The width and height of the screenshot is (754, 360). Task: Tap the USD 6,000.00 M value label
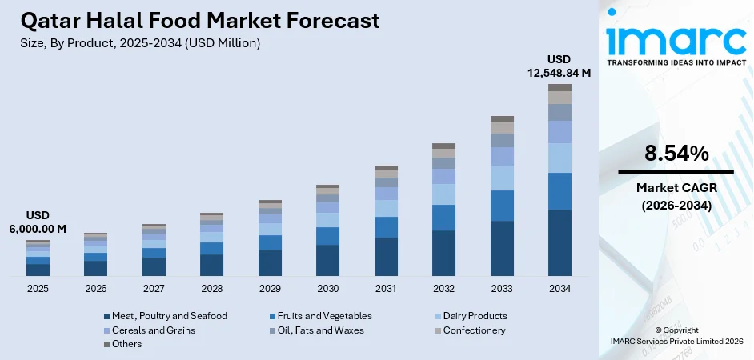(x=38, y=222)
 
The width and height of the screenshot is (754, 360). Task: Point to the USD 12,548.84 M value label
(x=559, y=66)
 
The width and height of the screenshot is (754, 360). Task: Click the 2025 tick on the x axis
(x=38, y=287)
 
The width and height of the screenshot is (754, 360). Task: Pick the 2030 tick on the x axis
(x=327, y=287)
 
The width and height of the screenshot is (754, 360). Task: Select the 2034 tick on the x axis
(x=559, y=287)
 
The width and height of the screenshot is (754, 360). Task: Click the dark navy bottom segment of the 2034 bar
(x=559, y=242)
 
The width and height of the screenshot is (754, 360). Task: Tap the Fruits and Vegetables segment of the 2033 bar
(x=502, y=206)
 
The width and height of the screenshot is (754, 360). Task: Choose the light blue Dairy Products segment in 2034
(x=559, y=158)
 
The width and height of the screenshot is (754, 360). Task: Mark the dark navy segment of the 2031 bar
(x=386, y=257)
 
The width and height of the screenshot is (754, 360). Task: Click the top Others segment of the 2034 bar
(x=559, y=87)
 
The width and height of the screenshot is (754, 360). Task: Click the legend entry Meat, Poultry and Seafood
(x=164, y=316)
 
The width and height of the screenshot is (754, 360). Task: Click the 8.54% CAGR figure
(x=675, y=154)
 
